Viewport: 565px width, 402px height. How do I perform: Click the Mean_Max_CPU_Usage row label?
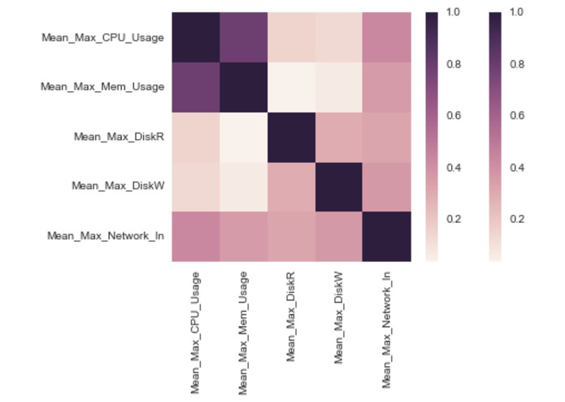click(103, 37)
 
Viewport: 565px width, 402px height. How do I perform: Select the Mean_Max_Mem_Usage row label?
click(103, 86)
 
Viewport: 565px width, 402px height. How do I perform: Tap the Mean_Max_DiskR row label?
click(120, 136)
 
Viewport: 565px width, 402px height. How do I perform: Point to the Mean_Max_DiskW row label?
click(119, 186)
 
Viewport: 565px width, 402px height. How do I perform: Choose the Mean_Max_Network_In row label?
click(106, 236)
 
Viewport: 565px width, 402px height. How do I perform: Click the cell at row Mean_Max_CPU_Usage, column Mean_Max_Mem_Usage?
click(244, 37)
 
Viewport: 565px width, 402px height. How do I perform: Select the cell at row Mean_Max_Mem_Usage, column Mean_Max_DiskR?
click(291, 87)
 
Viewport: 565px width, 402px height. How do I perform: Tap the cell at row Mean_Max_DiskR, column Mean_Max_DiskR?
click(291, 137)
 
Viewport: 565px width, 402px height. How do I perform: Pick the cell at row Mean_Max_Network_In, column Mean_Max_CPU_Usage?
click(196, 236)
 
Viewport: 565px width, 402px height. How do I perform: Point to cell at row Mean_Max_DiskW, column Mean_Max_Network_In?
click(387, 186)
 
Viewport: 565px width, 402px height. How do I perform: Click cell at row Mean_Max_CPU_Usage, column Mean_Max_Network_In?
click(387, 37)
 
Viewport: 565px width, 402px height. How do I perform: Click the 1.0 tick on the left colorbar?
click(453, 13)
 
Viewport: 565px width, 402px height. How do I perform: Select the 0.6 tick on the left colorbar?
click(453, 116)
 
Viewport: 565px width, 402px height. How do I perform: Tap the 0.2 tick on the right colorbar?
click(516, 219)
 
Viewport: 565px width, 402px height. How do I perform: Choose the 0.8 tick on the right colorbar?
click(516, 64)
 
